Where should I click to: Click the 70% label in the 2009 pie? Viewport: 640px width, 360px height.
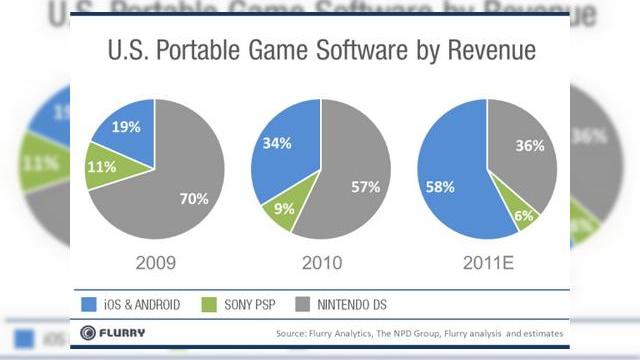pyautogui.click(x=194, y=198)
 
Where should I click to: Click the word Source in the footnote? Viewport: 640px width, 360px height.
pyautogui.click(x=290, y=333)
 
